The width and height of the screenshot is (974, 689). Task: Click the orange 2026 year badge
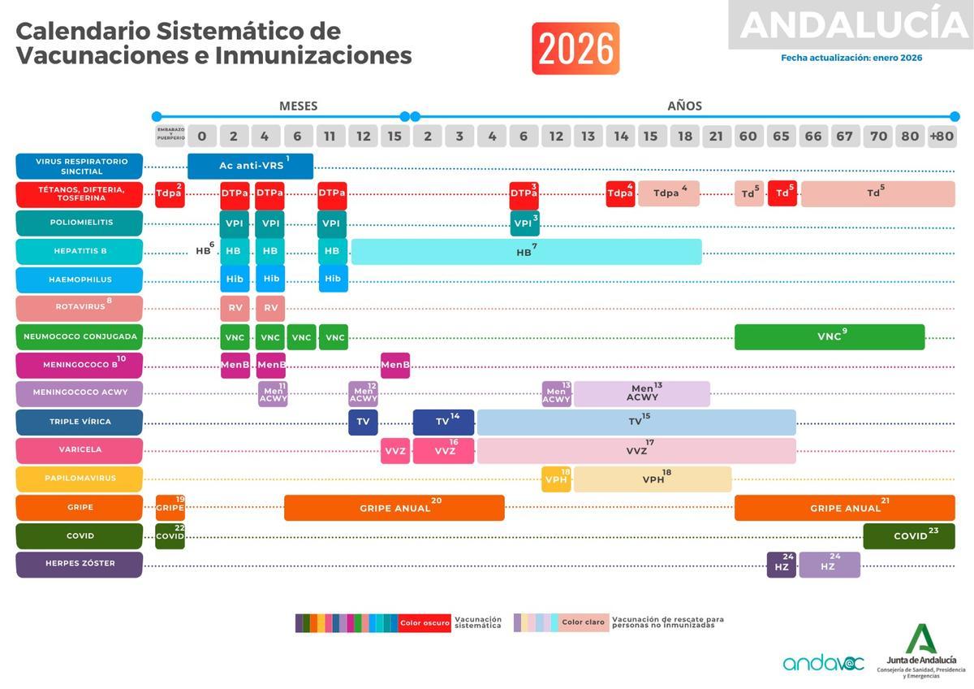pos(575,49)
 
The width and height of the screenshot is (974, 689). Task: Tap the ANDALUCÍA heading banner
pos(852,25)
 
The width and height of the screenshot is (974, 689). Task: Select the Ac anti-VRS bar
pos(250,166)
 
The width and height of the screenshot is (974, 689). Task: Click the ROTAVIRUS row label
pos(79,307)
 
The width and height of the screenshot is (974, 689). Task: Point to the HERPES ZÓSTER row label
pos(79,564)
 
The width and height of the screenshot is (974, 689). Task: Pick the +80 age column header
pos(942,136)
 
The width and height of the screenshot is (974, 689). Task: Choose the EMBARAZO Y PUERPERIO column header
pos(170,136)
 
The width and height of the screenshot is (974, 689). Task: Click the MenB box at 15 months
pos(395,365)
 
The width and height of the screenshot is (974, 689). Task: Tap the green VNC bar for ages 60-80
pos(829,336)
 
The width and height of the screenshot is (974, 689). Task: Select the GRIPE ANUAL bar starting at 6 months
pos(394,508)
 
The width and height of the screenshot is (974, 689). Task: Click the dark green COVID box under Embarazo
pos(170,536)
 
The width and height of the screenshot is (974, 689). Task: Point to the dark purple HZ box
pos(782,565)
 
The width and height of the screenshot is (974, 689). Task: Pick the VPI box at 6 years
pos(524,223)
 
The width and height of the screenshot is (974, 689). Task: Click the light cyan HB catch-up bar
pos(526,252)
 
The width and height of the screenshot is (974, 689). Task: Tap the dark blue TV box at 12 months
pos(363,422)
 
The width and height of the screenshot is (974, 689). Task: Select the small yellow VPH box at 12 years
pos(557,479)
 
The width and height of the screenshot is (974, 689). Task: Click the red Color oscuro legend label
pos(425,622)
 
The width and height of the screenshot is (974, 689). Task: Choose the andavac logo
pos(823,663)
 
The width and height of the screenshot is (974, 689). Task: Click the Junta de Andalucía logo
pos(920,650)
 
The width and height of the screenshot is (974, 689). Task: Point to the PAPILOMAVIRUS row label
pos(79,479)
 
